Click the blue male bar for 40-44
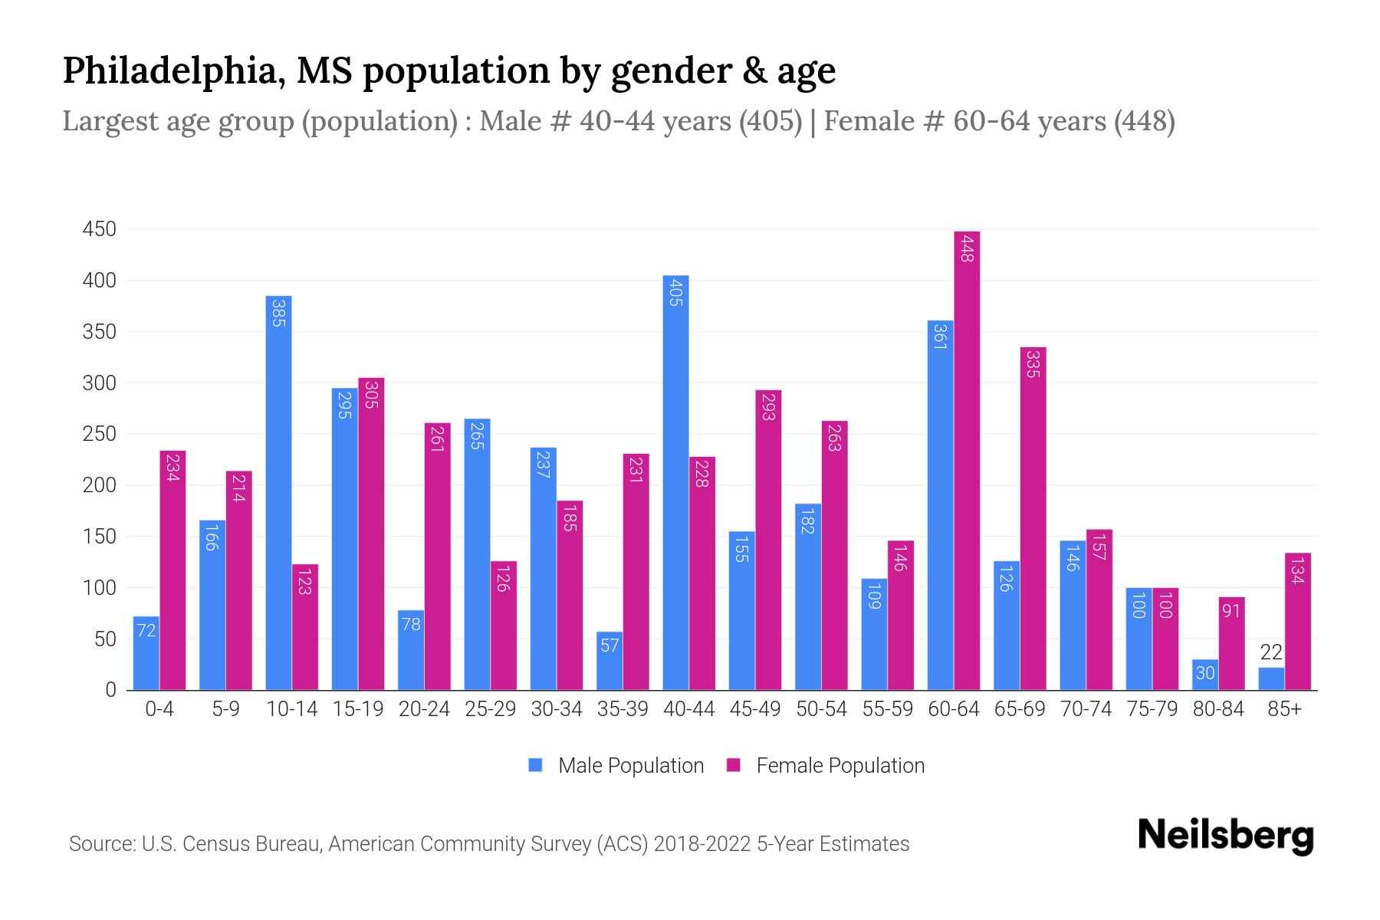[675, 483]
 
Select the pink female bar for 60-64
[967, 460]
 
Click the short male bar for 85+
[1271, 679]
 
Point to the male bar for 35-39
[609, 661]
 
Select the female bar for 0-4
[172, 570]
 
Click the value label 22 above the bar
[1271, 652]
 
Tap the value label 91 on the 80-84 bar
[1231, 612]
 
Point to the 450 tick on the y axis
[100, 229]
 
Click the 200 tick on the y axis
[100, 485]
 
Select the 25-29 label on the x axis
[491, 709]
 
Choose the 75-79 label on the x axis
[1152, 709]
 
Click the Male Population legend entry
[630, 766]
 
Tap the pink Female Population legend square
[734, 765]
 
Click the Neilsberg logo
[1225, 836]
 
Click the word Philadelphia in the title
[169, 71]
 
